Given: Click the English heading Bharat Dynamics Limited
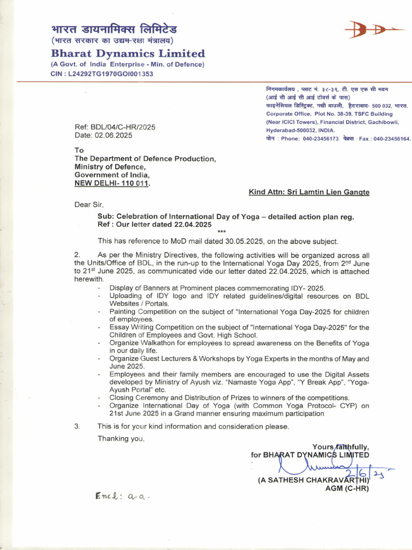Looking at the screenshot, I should pos(128,54).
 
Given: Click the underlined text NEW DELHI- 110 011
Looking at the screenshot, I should pos(112,183).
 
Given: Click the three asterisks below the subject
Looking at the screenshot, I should pos(222,232).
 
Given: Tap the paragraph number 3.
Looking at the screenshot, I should pos(77,426).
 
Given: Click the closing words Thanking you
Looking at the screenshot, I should pos(121,439).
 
